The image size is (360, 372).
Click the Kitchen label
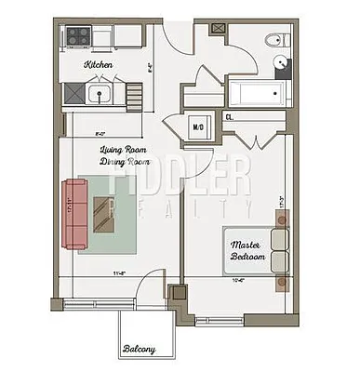pyautogui.click(x=99, y=64)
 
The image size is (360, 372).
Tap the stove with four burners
pyautogui.click(x=76, y=37)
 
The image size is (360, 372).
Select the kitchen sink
pyautogui.click(x=98, y=93)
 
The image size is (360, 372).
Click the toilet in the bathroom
pyautogui.click(x=273, y=40)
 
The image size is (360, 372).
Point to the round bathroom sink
pyautogui.click(x=280, y=63)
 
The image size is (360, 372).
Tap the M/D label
pyautogui.click(x=198, y=127)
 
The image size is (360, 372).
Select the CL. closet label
pyautogui.click(x=229, y=117)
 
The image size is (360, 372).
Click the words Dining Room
pyautogui.click(x=124, y=162)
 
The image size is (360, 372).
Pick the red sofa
pyautogui.click(x=73, y=213)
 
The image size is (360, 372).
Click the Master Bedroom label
pyautogui.click(x=247, y=250)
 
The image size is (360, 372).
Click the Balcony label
pyautogui.click(x=139, y=350)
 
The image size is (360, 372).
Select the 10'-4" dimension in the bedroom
pyautogui.click(x=237, y=280)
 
